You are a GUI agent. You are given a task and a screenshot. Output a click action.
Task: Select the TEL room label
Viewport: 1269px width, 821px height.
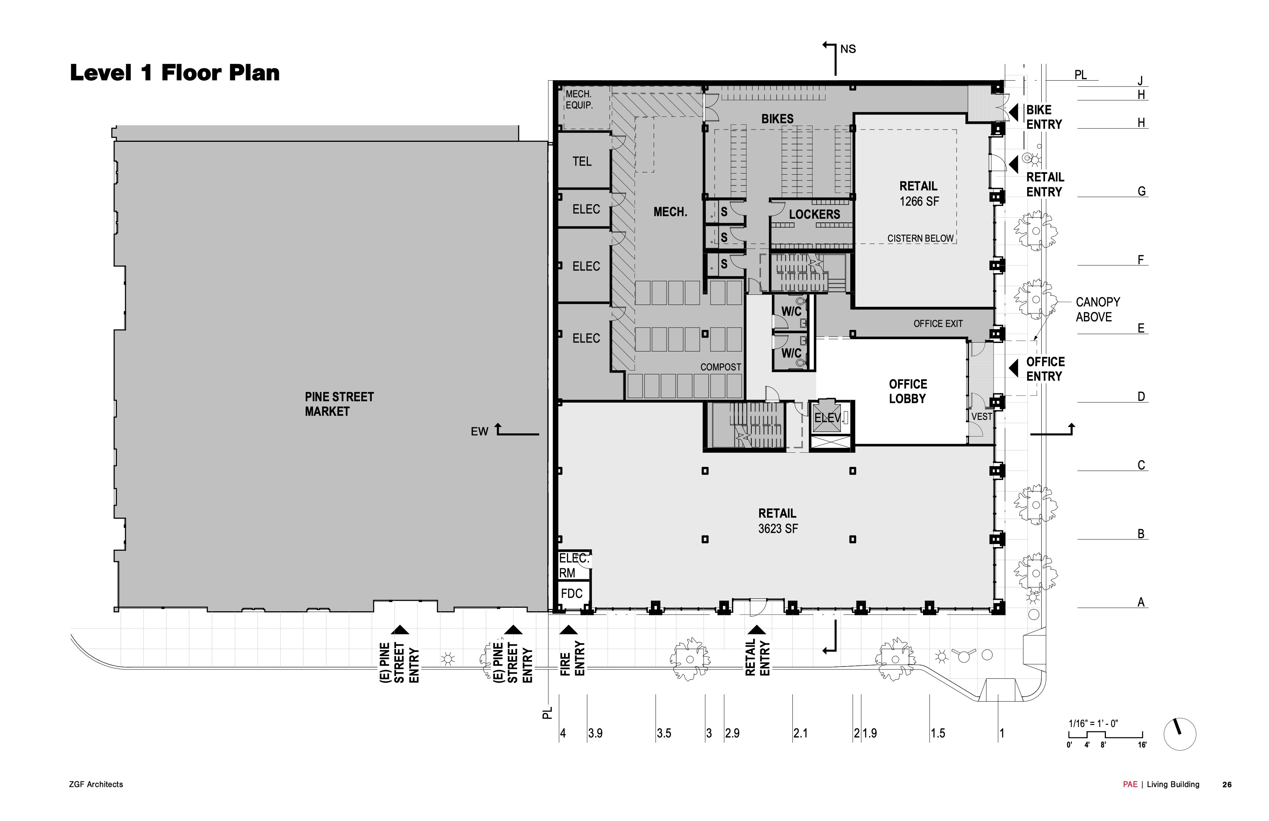click(x=582, y=161)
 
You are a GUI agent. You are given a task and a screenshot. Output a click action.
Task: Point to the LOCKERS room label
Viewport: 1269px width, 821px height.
click(x=814, y=214)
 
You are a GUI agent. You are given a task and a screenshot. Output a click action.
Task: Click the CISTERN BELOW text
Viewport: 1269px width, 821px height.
click(x=920, y=238)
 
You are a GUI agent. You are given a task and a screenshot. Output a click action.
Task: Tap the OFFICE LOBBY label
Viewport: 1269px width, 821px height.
click(x=907, y=391)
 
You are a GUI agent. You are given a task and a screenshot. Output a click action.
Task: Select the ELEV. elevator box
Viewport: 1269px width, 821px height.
click(x=828, y=418)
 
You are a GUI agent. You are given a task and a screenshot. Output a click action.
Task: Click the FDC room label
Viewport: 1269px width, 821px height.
click(x=571, y=593)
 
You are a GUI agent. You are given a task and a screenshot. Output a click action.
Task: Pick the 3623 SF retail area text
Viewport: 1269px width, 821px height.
click(x=778, y=529)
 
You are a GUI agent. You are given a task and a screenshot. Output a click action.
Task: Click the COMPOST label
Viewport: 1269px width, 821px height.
click(x=720, y=367)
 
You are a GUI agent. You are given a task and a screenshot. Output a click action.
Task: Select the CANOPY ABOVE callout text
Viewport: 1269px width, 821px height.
click(x=1097, y=309)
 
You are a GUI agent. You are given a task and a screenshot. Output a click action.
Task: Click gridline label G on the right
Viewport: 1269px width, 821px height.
click(x=1141, y=191)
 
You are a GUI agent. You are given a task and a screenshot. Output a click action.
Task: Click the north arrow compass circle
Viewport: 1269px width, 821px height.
click(x=1180, y=734)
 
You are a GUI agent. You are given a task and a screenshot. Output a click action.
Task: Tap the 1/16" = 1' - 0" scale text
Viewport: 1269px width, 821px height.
click(x=1093, y=724)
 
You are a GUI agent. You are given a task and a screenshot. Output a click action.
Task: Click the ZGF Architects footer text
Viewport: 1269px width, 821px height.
click(x=96, y=784)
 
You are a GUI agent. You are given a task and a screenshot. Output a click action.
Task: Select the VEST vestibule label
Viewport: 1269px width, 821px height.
click(x=982, y=416)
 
